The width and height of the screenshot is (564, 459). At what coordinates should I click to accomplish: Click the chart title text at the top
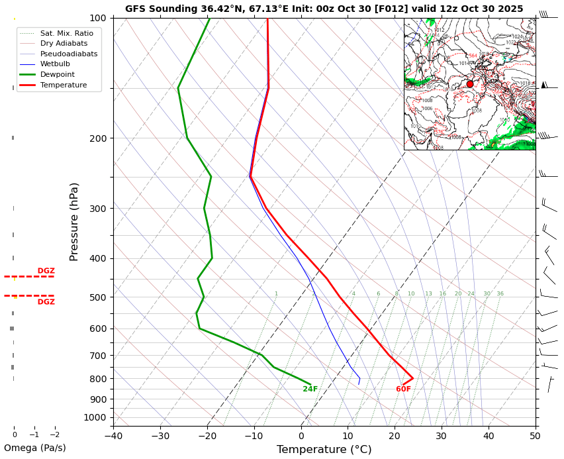(324, 9)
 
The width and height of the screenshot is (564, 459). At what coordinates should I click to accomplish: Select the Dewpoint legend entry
(57, 75)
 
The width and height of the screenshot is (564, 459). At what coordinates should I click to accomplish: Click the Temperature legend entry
(63, 85)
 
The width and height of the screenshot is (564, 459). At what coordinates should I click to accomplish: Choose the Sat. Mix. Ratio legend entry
(66, 33)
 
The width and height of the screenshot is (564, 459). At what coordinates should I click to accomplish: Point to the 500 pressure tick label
(98, 297)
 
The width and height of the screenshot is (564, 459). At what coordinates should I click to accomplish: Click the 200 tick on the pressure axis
(98, 138)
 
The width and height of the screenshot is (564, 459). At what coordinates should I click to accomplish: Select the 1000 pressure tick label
(95, 417)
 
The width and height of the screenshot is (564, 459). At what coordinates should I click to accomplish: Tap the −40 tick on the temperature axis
(113, 435)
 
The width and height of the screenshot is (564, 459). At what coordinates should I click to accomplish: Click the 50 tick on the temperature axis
(535, 435)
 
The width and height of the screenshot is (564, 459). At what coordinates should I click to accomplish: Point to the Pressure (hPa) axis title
(74, 221)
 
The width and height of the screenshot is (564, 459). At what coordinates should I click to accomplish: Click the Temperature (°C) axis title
(324, 450)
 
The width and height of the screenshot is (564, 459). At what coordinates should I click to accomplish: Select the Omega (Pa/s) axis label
(34, 448)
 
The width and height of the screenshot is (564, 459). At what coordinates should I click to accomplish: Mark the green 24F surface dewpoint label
(310, 389)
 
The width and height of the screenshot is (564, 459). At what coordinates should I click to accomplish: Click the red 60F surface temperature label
(403, 389)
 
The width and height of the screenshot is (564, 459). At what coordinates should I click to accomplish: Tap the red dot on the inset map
(470, 84)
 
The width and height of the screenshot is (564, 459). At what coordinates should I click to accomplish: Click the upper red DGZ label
(46, 271)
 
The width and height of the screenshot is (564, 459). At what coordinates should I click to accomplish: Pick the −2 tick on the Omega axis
(55, 435)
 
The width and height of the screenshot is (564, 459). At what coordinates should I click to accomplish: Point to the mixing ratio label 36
(500, 294)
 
